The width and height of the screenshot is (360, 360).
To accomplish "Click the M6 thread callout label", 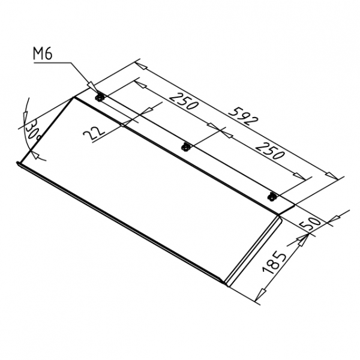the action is point(43,54).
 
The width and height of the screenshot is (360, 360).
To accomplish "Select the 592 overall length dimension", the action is point(244,117).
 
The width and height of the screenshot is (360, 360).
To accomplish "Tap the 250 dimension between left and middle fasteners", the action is point(184,101).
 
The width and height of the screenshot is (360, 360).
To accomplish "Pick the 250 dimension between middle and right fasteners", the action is point(269,151).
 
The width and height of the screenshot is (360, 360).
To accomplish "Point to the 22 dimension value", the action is point(94,133).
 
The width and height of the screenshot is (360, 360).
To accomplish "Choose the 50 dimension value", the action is point(311,224).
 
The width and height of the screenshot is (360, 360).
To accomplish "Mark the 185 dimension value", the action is point(275,262).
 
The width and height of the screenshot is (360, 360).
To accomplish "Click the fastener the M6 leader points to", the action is point(100,98).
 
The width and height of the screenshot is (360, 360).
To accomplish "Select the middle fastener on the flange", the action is point(185,147).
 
